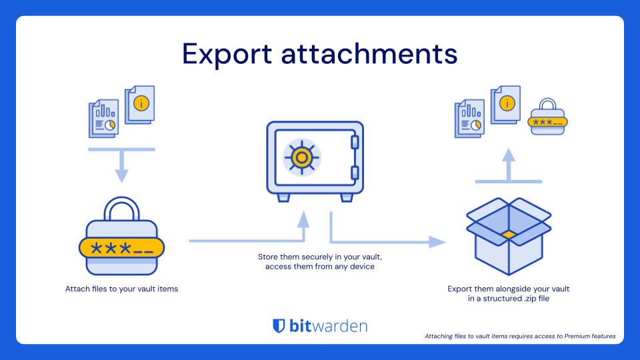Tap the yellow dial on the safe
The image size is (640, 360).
click(301, 157)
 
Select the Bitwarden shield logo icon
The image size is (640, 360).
click(279, 326)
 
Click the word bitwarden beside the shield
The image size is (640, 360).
click(328, 326)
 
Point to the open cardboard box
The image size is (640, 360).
click(508, 237)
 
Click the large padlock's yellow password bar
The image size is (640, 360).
click(121, 249)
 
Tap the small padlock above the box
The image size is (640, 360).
click(547, 118)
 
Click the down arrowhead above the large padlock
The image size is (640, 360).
click(121, 175)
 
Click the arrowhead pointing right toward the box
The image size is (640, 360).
click(437, 241)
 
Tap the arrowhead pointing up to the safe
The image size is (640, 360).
click(303, 218)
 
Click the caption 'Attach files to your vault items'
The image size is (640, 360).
click(121, 289)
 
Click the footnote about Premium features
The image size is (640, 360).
click(520, 336)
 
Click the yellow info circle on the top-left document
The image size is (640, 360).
click(141, 103)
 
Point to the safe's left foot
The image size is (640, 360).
click(283, 197)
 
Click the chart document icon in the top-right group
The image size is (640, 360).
click(469, 119)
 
